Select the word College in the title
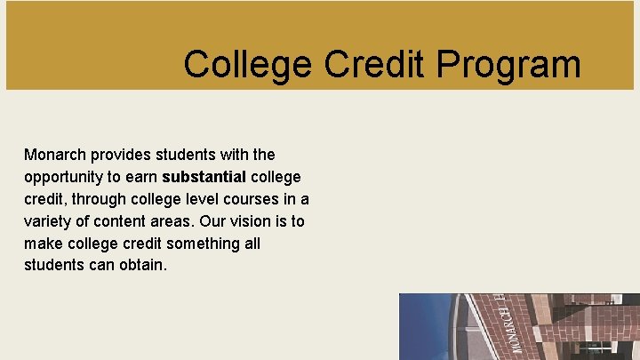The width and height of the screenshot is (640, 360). tap(248, 64)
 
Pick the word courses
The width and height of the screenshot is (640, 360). tap(252, 199)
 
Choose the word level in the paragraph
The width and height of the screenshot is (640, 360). tap(201, 199)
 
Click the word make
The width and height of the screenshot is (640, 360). tap(44, 244)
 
